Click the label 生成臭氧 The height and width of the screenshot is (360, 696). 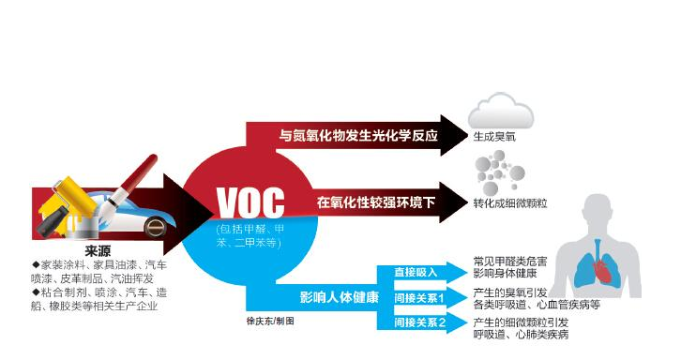pyautogui.click(x=495, y=137)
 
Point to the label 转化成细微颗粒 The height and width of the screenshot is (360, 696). pyautogui.click(x=513, y=202)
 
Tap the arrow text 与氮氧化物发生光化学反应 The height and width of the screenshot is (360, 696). pyautogui.click(x=359, y=135)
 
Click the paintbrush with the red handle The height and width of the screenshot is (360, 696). pyautogui.click(x=123, y=178)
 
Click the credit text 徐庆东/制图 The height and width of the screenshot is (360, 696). pyautogui.click(x=268, y=321)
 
